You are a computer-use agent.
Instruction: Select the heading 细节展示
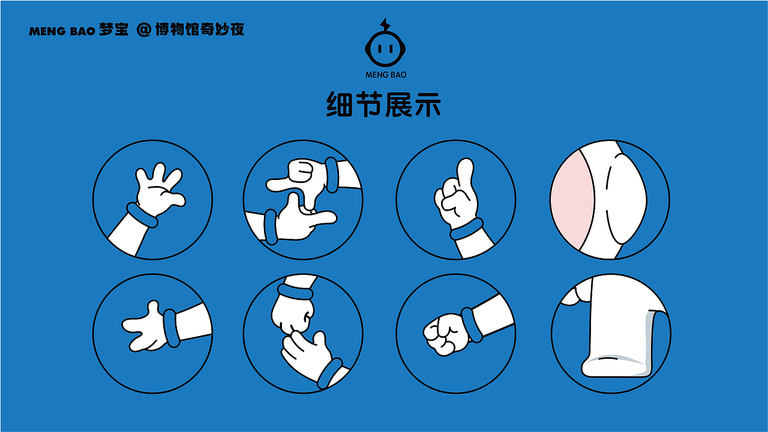(384, 105)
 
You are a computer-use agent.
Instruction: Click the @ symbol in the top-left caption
(143, 30)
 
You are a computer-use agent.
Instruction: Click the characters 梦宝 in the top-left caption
(114, 30)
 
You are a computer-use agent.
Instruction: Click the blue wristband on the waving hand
(142, 215)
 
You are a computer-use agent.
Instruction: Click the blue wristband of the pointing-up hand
(467, 229)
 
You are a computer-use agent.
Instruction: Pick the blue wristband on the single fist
(472, 325)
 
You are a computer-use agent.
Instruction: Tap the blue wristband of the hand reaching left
(171, 328)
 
